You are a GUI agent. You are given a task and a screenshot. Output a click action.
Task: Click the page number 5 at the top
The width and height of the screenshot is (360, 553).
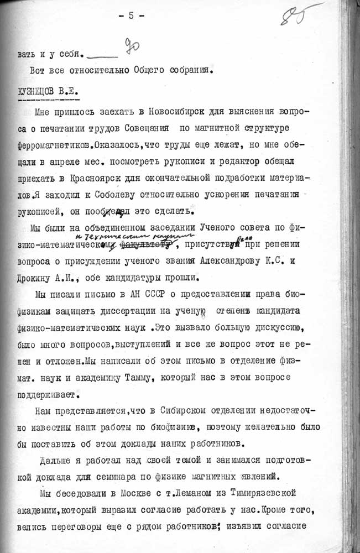pyautogui.click(x=132, y=15)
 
